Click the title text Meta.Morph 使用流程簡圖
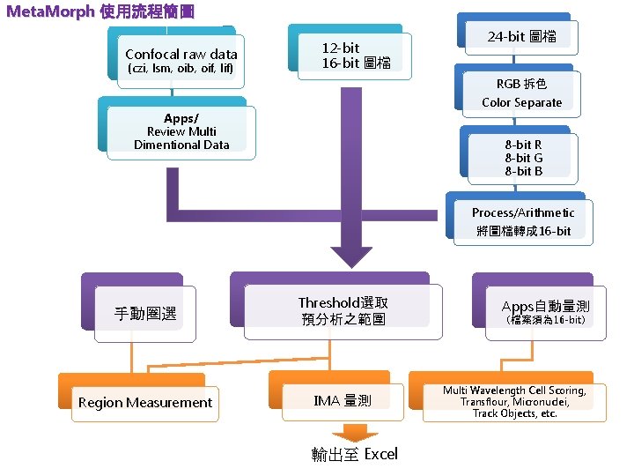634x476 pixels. coord(100,12)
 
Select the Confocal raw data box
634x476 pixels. coord(181,59)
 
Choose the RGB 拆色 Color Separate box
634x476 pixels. coord(521,93)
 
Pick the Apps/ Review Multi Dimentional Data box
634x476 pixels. coord(181,132)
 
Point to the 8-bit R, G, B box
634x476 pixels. coord(523,158)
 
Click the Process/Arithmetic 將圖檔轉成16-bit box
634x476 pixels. coord(522,221)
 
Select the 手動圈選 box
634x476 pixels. coord(145,313)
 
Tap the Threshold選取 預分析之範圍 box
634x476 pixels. coord(343,310)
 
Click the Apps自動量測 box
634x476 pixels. coord(545,311)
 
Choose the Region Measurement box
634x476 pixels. coord(145,403)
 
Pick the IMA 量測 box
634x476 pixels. coord(343,401)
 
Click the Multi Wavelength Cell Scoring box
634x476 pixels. coord(514,402)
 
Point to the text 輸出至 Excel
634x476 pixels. coord(354,454)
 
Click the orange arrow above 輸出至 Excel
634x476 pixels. coord(355,432)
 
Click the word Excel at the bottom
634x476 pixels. coord(380,454)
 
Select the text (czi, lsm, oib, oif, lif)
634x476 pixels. coord(181,69)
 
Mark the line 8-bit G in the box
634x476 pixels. coord(523,158)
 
